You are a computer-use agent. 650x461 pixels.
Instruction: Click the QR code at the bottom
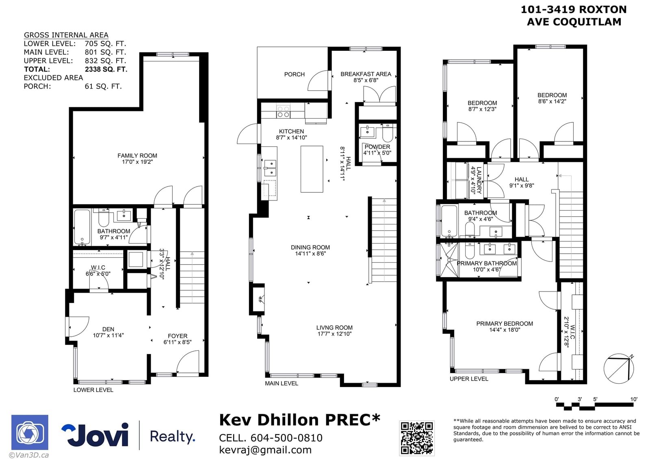pos(417,438)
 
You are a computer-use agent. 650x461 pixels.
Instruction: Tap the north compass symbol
pos(619,369)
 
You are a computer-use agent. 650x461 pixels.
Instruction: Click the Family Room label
pos(137,156)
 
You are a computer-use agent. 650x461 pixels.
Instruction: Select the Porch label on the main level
pos(294,74)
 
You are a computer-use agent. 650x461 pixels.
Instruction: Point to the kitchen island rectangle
pos(312,169)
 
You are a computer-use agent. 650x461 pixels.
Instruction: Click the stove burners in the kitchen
pos(283,111)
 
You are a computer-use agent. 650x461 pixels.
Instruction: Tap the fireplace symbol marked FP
pos(260,299)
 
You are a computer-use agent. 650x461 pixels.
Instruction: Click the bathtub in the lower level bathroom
pos(82,227)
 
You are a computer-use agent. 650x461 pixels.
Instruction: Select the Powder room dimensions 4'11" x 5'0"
pos(377,153)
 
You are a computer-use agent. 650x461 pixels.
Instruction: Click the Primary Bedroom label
pos(505,324)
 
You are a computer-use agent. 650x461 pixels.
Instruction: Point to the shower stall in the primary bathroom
pos(449,260)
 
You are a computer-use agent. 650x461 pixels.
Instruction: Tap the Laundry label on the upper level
pos(479,180)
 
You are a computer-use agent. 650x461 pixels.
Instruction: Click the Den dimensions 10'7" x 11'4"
pos(108,335)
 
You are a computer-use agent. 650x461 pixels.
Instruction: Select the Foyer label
pos(178,336)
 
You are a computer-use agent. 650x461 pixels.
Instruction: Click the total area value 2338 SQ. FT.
pos(106,70)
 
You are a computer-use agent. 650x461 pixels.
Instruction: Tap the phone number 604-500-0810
pos(286,438)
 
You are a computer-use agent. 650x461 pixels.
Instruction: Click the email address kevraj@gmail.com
pos(265,450)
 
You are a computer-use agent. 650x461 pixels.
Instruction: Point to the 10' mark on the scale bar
pos(634,399)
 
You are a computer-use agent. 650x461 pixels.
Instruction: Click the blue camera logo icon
pos(30,432)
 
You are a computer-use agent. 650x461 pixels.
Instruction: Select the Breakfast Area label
pos(366,74)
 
